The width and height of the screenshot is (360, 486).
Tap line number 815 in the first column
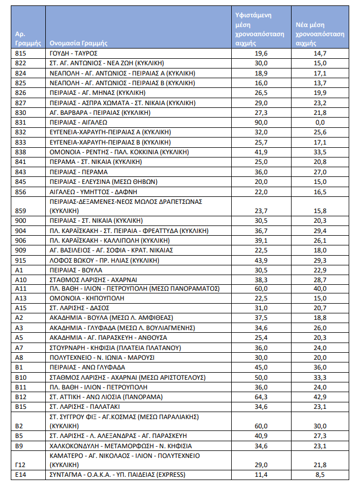21,53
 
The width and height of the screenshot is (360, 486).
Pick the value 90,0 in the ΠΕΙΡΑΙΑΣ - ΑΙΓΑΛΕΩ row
260,122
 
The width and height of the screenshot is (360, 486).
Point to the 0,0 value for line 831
321,122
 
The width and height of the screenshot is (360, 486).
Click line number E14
21,475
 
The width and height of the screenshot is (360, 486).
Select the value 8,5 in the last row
321,475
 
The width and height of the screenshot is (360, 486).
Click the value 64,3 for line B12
260,397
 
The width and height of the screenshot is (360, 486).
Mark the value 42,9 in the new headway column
321,397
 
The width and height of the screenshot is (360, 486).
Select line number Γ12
20,464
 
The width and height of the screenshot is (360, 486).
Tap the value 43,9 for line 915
260,260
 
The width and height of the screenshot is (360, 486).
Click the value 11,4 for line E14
260,475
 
